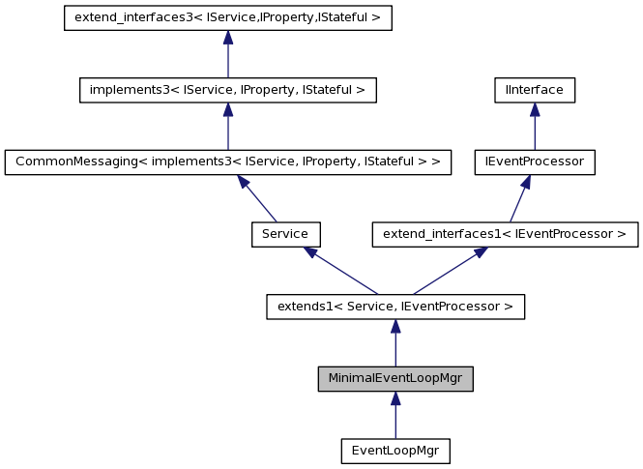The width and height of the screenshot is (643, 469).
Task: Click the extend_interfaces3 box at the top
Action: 227,18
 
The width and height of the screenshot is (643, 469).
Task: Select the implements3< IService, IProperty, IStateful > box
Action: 227,90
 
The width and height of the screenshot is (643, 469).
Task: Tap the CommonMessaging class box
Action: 227,161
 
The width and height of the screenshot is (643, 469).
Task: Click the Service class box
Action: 285,233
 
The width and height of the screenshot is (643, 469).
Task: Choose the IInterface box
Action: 534,90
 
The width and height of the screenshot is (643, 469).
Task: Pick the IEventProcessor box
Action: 534,161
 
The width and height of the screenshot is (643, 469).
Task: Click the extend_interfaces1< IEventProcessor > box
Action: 505,233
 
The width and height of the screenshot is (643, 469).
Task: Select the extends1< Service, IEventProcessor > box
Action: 395,307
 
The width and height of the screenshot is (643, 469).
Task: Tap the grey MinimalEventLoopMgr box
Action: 395,378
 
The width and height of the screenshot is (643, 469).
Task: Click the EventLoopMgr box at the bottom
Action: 395,450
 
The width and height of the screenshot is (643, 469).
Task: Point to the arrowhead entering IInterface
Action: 534,110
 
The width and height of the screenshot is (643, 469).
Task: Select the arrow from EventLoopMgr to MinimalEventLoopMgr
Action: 395,419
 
